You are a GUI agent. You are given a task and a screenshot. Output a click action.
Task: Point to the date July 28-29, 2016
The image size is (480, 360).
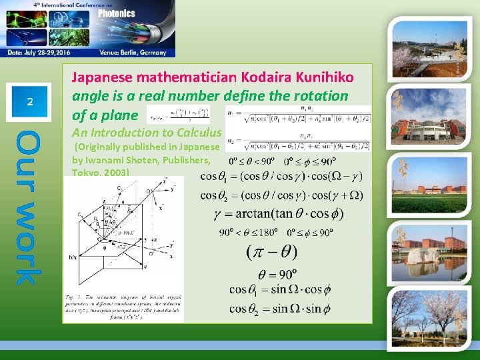pos(48,52)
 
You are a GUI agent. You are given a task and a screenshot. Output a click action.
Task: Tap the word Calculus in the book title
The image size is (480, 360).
pos(197,132)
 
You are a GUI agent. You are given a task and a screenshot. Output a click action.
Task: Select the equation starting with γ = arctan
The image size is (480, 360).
pos(279,215)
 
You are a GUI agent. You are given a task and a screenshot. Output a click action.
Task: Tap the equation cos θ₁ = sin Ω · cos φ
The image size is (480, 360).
pos(279,290)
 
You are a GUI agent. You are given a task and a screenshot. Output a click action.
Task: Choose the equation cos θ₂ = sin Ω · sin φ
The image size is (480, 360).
pos(279,308)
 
